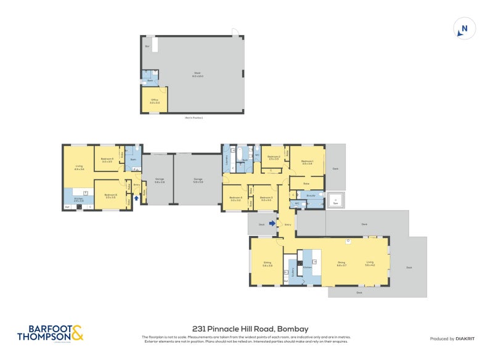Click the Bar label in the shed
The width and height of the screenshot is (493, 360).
pos(147,46)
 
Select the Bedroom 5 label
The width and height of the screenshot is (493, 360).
pos(108,160)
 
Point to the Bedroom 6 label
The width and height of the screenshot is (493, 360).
pos(110,195)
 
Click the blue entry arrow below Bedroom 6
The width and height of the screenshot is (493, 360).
pos(136,198)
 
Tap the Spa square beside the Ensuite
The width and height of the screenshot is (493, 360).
pos(335,200)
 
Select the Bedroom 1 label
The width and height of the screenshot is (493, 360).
pos(307,162)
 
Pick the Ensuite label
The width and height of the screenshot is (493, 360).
pos(311,195)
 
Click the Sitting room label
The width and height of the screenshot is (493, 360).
pos(267,264)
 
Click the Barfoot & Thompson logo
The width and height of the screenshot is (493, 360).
pos(50,333)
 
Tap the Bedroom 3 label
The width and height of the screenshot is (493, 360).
pos(267,199)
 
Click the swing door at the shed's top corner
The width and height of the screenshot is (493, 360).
pos(235,32)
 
